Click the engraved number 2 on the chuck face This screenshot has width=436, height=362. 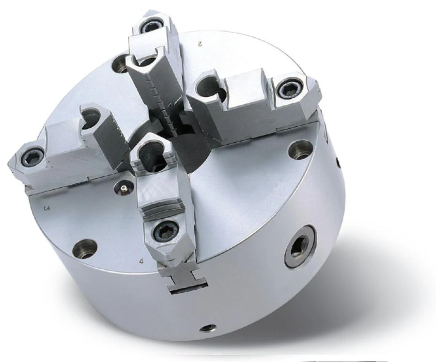(199, 44)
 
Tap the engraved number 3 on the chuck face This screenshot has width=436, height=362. (47, 209)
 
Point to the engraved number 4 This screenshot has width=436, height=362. (141, 261)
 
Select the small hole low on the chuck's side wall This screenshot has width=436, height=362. (208, 328)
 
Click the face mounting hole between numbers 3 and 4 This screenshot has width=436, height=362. (84, 248)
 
